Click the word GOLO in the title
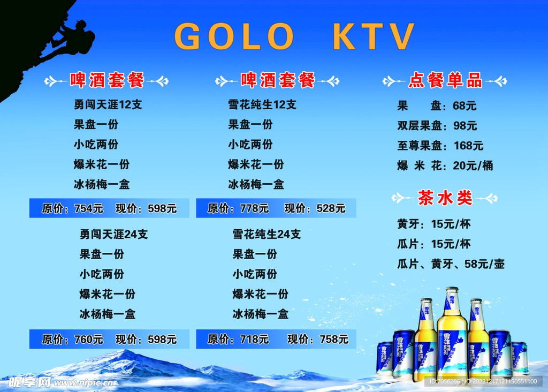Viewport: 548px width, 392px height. pos(234,36)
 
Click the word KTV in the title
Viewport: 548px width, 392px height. pos(374,36)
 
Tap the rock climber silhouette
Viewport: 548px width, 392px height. pos(72,39)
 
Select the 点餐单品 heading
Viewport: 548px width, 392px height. pos(445,80)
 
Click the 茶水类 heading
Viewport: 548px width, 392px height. pos(445,198)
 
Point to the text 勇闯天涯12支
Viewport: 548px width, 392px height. pos(108,104)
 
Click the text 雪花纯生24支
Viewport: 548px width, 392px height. pos(267,235)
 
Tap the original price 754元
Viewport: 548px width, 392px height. pos(89,208)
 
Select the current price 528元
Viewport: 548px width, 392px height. pos(331,208)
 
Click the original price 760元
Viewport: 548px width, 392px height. pos(89,339)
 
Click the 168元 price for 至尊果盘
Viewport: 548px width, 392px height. pos(468,146)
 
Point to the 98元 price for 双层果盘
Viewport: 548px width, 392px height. pos(465,125)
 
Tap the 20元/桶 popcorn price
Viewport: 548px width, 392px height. pos(473,165)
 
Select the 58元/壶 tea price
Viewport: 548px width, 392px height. pos(484,264)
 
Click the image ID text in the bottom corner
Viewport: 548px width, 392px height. pos(483,381)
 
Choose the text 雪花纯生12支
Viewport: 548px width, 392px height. pos(262,104)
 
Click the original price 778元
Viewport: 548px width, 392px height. pos(254,208)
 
